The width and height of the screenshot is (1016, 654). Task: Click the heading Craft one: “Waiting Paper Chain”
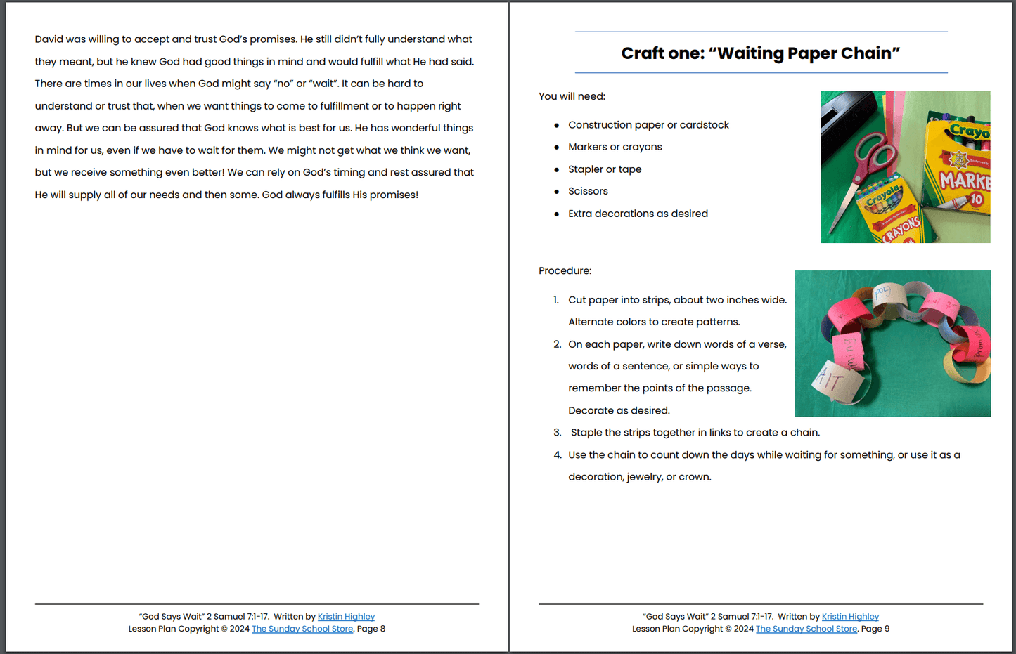(x=760, y=53)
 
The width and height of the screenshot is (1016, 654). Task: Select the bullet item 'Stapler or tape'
(x=604, y=169)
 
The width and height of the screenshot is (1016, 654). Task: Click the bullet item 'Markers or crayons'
(x=615, y=147)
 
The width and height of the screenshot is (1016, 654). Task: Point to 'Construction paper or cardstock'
(x=648, y=125)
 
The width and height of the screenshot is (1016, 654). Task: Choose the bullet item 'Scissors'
(x=588, y=191)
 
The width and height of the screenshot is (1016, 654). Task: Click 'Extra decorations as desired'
(x=638, y=214)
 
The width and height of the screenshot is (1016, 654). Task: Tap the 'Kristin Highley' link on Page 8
(x=346, y=617)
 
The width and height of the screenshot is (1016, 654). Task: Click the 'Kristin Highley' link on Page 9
(x=850, y=617)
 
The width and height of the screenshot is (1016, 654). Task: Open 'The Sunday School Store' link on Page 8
(x=302, y=629)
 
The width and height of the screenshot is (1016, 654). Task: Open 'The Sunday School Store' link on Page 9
(x=806, y=629)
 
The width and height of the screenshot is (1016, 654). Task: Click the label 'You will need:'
(x=572, y=96)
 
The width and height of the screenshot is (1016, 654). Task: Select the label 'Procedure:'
(x=565, y=271)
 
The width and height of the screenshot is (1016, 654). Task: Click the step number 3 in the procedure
(x=557, y=433)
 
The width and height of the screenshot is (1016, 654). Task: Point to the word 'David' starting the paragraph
(x=49, y=39)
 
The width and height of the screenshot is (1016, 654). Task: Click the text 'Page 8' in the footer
(x=371, y=629)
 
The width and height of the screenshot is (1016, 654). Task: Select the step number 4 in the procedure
(x=557, y=455)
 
